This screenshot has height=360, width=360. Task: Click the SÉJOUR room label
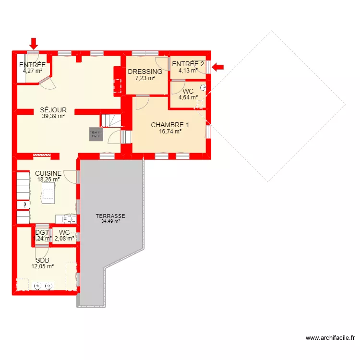tap(53, 110)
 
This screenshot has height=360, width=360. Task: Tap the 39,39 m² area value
tap(53, 116)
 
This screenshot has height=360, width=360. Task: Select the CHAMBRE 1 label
tap(170, 125)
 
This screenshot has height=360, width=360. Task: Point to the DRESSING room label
tap(145, 72)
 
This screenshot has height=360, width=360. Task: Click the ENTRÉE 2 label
tap(188, 64)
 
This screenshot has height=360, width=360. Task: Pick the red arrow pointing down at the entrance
tap(33, 44)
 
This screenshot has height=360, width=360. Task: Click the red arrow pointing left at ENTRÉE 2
tap(218, 67)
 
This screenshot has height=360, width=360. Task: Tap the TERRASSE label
tap(110, 216)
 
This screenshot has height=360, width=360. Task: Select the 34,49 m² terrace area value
tap(110, 221)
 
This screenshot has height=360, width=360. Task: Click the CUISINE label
tap(48, 173)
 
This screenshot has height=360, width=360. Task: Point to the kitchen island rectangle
tap(48, 194)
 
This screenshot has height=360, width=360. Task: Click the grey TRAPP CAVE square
tap(95, 134)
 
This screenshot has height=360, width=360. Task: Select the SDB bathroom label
tap(42, 260)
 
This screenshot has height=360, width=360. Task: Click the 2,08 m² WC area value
tap(64, 238)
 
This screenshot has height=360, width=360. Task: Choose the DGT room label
tap(42, 232)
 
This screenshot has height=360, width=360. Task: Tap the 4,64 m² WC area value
tap(188, 97)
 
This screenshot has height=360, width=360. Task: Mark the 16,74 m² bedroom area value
tap(170, 131)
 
